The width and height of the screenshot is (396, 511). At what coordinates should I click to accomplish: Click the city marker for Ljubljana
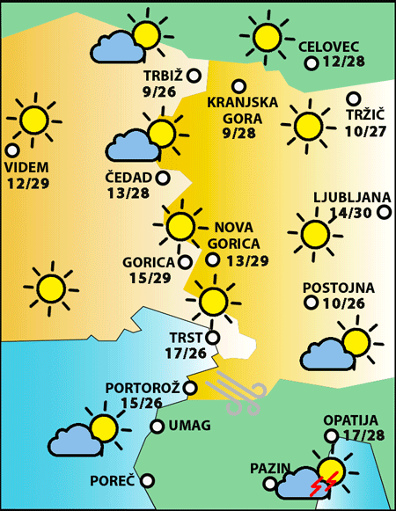pos(384,212)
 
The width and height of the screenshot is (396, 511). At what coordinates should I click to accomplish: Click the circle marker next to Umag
pos(158,427)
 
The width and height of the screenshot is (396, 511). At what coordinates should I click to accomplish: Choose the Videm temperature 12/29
pos(28,184)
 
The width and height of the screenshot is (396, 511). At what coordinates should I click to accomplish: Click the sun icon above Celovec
pos(264,37)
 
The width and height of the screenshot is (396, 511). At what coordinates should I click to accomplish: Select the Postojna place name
pos(339,288)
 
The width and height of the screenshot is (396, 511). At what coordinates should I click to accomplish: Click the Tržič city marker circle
pos(354,99)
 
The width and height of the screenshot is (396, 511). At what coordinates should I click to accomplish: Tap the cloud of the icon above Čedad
pos(130,147)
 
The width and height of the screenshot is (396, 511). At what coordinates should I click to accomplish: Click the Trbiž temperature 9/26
pos(159,91)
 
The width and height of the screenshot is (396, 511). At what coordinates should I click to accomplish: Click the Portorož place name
pos(143,388)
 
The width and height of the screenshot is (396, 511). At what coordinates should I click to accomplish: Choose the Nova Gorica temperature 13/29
pos(247,260)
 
